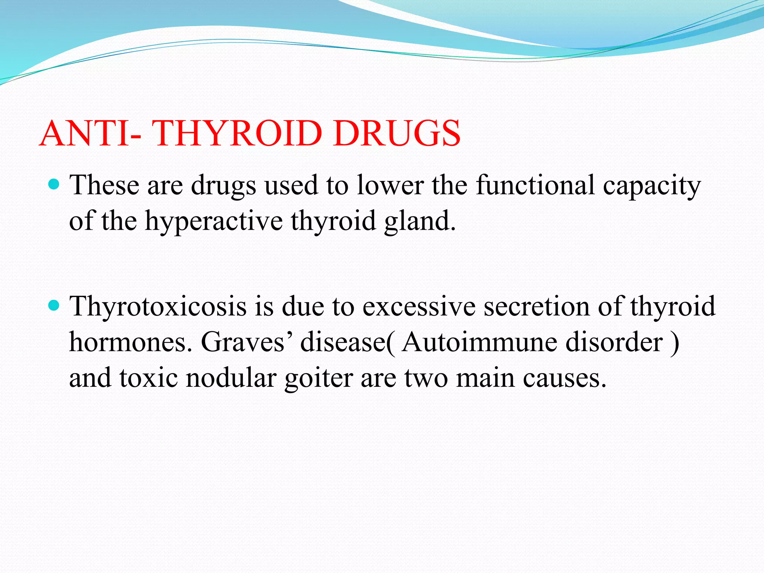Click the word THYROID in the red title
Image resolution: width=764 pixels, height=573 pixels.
[x=237, y=133]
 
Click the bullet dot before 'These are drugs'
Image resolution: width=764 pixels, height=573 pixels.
[x=54, y=184]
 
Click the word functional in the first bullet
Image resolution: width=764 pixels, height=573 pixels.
[x=535, y=185]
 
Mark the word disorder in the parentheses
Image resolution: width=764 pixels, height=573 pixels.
[x=614, y=342]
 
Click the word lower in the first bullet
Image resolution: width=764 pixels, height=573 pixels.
[x=390, y=185]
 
